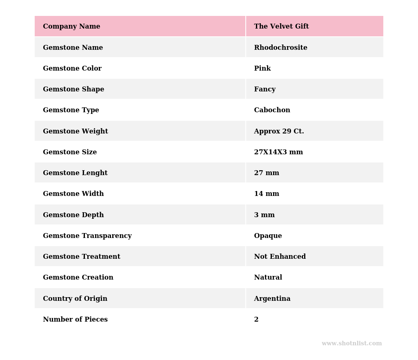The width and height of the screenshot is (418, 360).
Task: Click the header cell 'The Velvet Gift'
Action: click(x=281, y=27)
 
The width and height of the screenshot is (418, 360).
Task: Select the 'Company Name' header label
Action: click(x=71, y=27)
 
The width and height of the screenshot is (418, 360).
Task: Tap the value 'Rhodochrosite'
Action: click(x=280, y=48)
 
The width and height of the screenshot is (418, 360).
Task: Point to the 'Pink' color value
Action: click(x=262, y=69)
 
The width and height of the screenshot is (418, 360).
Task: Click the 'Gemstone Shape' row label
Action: click(x=73, y=89)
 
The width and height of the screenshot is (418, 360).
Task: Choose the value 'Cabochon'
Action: click(x=272, y=110)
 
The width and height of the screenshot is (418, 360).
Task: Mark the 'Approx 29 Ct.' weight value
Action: click(x=279, y=131)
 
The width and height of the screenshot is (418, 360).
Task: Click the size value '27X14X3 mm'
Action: click(x=278, y=152)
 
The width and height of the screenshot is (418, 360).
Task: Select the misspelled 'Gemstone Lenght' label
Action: click(x=75, y=173)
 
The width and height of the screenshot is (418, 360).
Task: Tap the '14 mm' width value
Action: click(x=267, y=194)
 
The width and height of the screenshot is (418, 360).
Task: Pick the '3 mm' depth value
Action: click(x=264, y=215)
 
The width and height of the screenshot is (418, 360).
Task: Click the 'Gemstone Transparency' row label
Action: click(x=87, y=236)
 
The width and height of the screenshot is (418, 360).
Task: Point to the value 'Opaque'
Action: click(x=268, y=236)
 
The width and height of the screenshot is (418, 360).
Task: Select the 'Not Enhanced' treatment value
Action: click(x=280, y=257)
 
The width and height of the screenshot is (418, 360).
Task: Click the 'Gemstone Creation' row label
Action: click(x=78, y=278)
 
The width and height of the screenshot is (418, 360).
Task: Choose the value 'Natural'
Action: click(x=268, y=278)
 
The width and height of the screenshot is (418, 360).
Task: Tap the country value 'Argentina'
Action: click(x=272, y=299)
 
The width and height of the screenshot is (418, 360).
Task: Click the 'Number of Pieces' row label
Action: click(x=75, y=320)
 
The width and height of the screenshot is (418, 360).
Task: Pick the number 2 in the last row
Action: click(x=256, y=320)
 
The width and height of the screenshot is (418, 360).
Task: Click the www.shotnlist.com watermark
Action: click(x=351, y=344)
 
